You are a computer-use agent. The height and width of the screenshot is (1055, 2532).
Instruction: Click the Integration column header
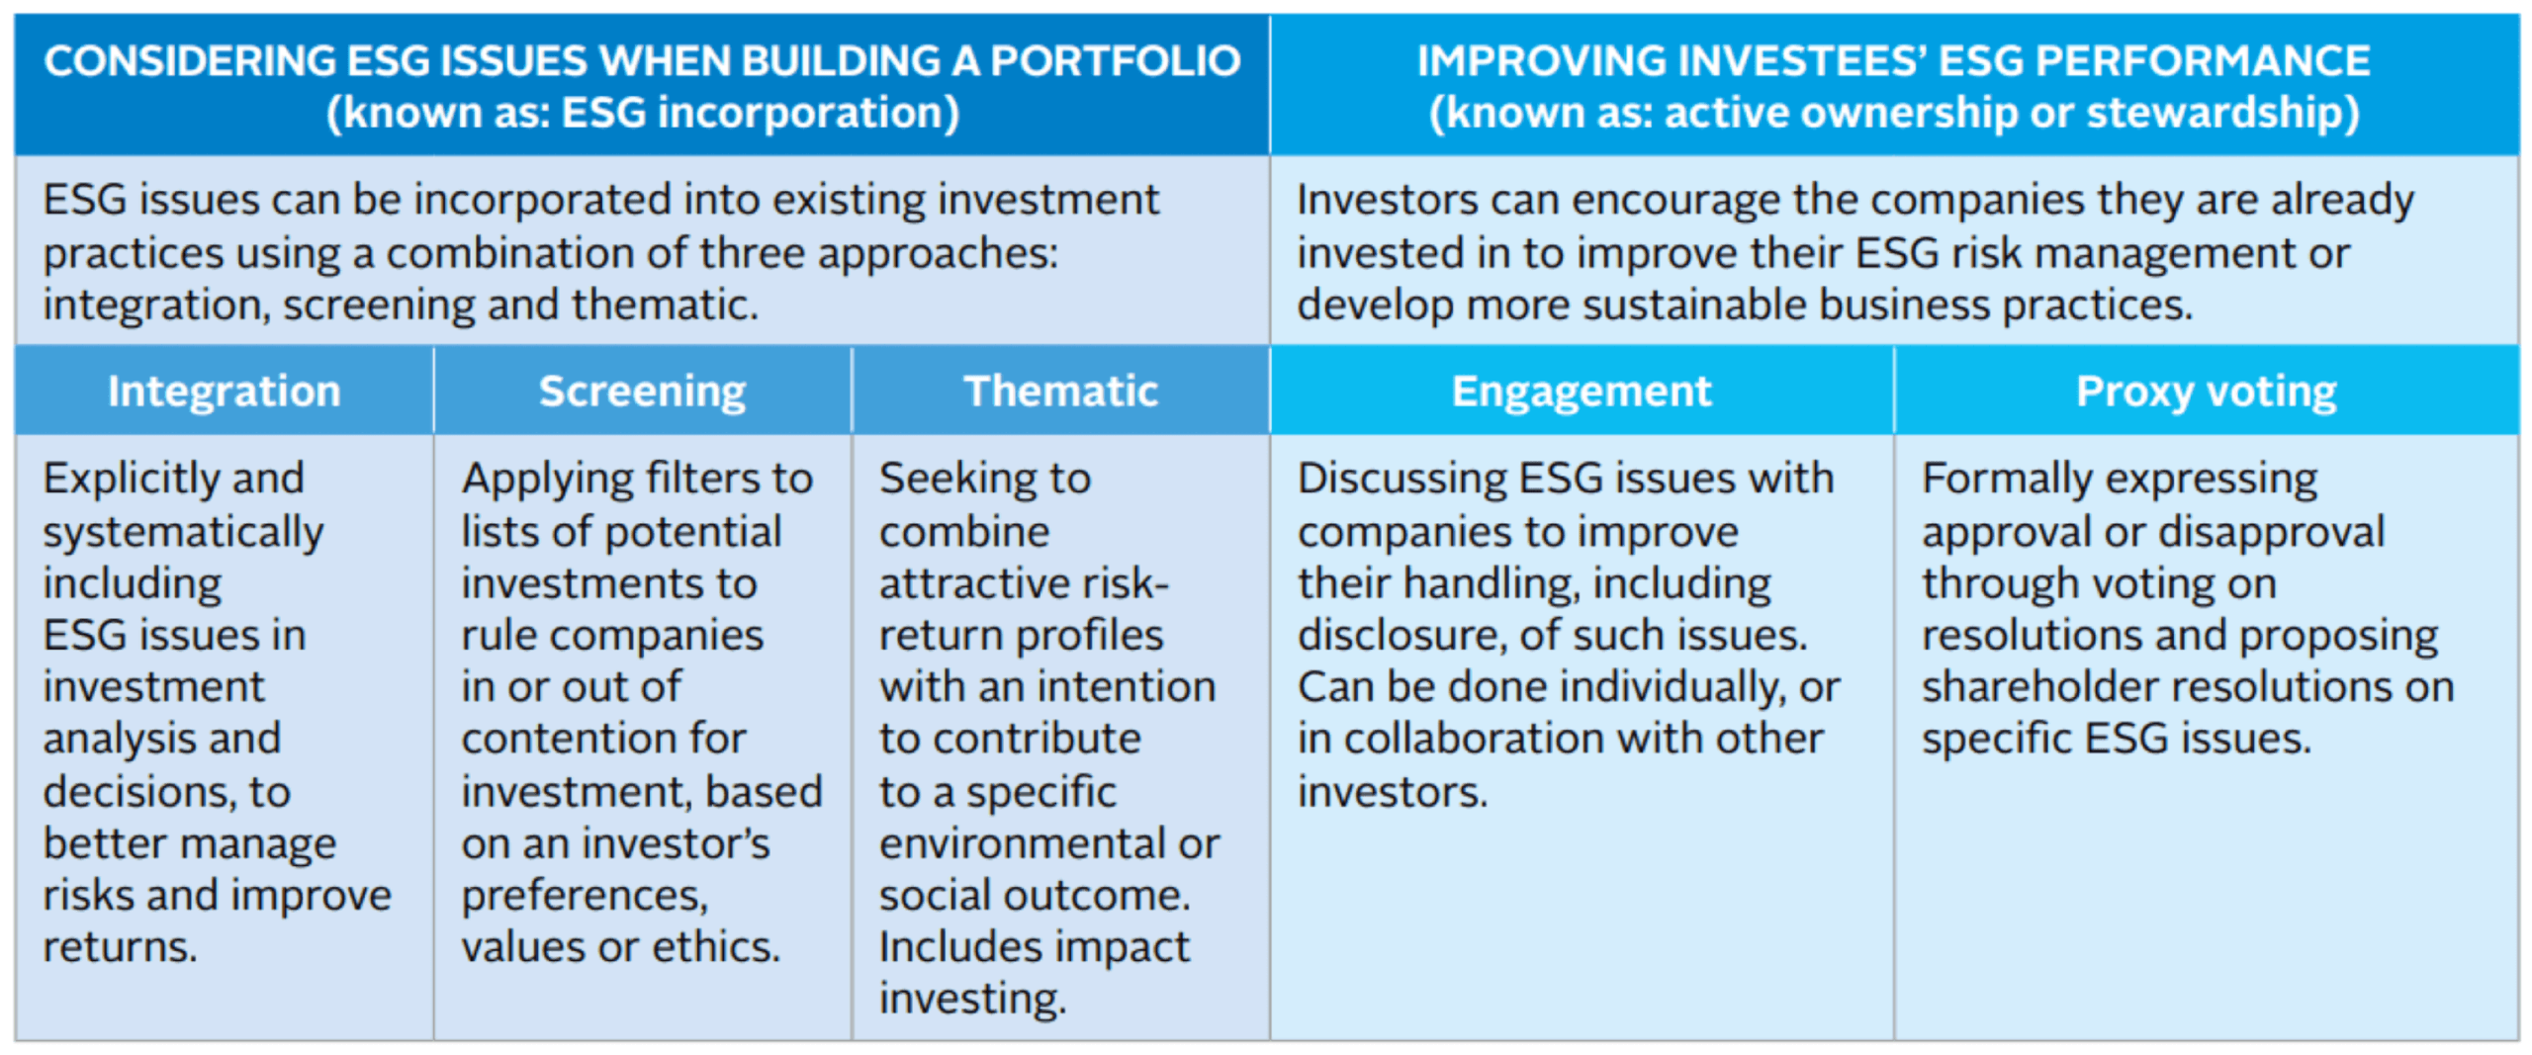pyautogui.click(x=225, y=392)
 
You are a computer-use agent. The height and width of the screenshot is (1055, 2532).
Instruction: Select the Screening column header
pyautogui.click(x=643, y=392)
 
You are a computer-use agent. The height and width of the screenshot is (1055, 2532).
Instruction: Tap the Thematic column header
pyautogui.click(x=1061, y=391)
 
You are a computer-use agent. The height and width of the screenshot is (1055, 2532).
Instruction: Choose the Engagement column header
pyautogui.click(x=1582, y=392)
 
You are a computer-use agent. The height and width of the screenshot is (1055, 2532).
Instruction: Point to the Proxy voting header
pyautogui.click(x=2207, y=392)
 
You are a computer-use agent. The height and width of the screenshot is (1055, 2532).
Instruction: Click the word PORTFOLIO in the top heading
pyautogui.click(x=1116, y=61)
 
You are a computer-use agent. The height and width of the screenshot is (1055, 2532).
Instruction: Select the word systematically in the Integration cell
pyautogui.click(x=183, y=533)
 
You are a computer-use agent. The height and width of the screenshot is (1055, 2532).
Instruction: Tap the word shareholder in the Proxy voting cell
pyautogui.click(x=2033, y=687)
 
